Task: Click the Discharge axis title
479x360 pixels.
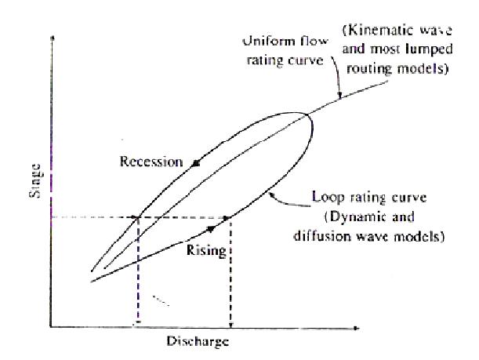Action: tap(198, 341)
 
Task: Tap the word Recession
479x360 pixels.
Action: tap(151, 162)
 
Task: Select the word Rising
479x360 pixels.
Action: tap(206, 251)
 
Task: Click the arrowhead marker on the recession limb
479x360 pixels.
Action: tap(195, 163)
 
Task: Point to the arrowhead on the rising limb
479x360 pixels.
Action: tap(212, 229)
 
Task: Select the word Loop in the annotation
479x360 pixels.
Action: tap(327, 198)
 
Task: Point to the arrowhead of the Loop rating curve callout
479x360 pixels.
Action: tap(271, 195)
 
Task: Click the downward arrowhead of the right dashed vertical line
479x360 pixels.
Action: tap(230, 325)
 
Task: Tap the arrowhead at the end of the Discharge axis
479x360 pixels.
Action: tap(356, 328)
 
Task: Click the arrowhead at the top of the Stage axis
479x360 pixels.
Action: tap(53, 38)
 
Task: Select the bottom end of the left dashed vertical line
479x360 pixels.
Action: tap(138, 322)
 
